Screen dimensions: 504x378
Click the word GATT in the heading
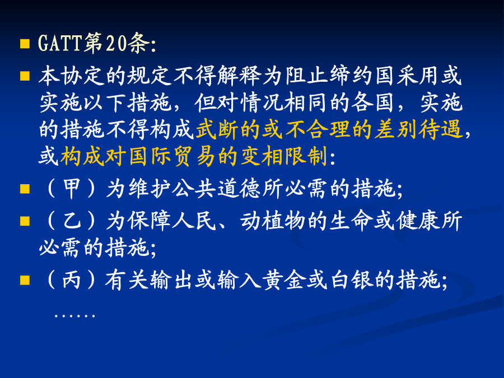(60, 43)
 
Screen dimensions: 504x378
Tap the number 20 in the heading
(116, 43)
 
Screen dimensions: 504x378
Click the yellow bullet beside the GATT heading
(25, 44)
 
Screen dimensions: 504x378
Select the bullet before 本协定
(25, 76)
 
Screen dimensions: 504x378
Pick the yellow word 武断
(217, 130)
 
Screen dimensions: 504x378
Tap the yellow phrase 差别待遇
(418, 130)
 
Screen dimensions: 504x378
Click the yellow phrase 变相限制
(283, 157)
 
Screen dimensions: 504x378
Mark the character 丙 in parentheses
(71, 279)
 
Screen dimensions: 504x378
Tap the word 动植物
(273, 221)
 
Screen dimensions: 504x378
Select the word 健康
(418, 221)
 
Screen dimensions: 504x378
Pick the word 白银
(351, 279)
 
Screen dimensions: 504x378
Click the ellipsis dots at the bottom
(74, 316)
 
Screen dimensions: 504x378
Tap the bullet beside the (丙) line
(25, 281)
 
